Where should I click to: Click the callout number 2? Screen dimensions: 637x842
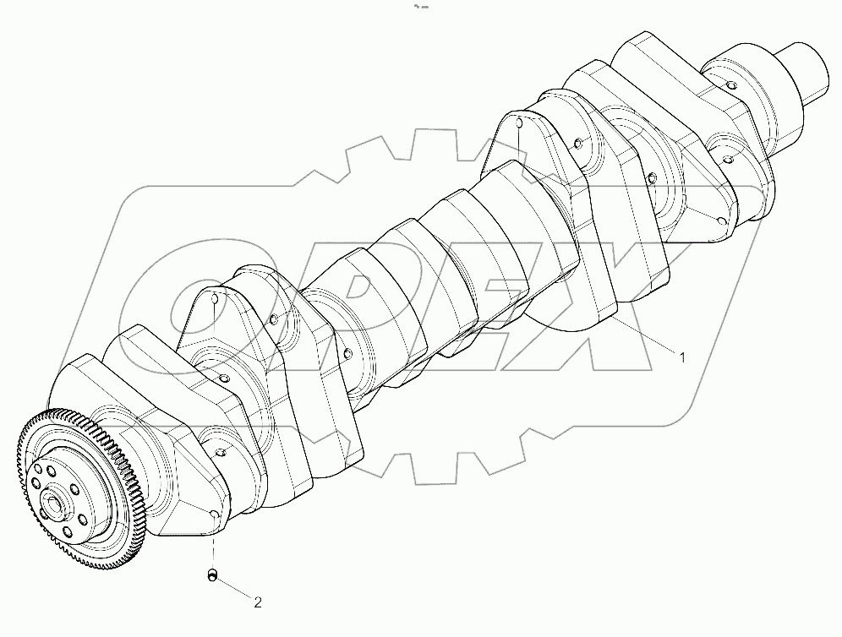[259, 602]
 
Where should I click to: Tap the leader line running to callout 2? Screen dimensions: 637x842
[236, 590]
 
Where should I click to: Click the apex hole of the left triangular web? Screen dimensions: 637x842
[212, 298]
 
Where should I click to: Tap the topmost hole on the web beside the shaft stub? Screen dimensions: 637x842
[728, 84]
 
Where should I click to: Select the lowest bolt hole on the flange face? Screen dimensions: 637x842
[67, 533]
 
